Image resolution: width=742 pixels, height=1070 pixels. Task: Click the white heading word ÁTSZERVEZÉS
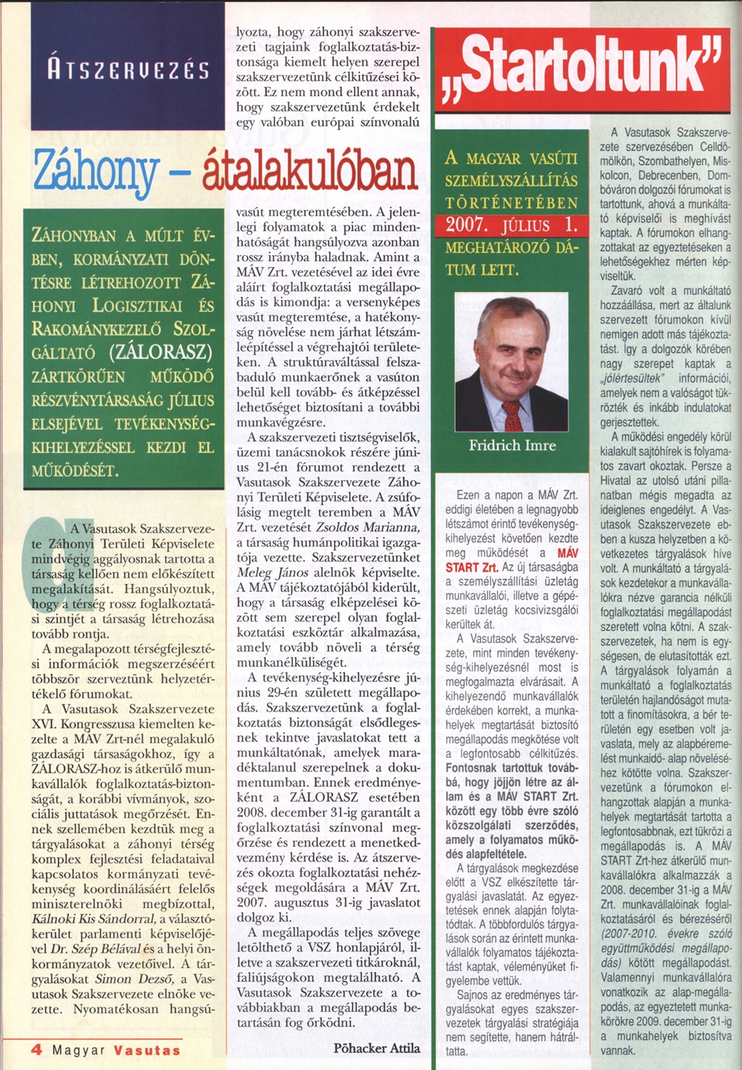tap(128, 70)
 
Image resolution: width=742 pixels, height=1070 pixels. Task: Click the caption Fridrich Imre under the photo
tap(512, 446)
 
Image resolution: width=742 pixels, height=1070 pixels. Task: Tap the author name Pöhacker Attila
tap(376, 1048)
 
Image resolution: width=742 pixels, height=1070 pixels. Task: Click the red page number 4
tap(37, 1050)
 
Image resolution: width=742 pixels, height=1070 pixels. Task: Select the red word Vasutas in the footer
tap(147, 1050)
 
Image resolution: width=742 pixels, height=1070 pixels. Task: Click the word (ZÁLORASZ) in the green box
tap(161, 352)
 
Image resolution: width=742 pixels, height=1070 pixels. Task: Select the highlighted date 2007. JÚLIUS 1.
tap(511, 225)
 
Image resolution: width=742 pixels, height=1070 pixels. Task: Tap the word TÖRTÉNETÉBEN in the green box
tap(511, 203)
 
